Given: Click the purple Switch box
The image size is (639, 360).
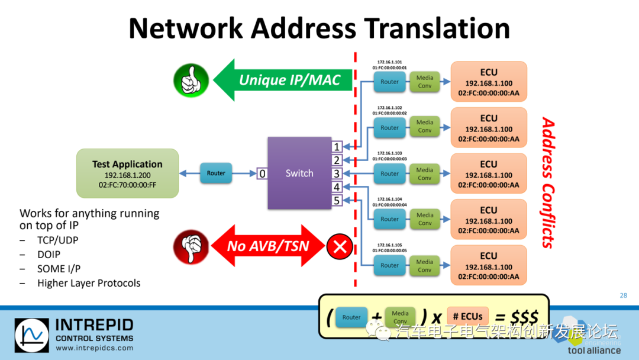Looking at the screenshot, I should tap(299, 173).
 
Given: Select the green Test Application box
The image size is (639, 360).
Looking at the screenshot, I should tap(127, 173).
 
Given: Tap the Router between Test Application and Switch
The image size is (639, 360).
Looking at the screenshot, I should tap(216, 173).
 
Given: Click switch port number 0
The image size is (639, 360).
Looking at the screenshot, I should tap(262, 173).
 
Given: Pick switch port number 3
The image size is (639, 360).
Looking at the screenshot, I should tap(337, 173).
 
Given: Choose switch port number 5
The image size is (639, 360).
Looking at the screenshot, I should tap(337, 201).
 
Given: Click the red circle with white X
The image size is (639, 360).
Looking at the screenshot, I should tap(340, 246).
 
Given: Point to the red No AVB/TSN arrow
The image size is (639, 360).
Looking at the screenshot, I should tap(269, 245).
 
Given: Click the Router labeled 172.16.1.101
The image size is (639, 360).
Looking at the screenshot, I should tap(389, 82).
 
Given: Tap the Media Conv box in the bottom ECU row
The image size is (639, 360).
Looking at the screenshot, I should tap(424, 265).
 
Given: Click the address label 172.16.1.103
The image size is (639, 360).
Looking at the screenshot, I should tap(389, 153).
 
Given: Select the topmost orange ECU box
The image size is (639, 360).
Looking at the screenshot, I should tap(489, 81).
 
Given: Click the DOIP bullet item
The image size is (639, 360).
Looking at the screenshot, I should tap(49, 255).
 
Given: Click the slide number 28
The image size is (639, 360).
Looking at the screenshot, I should tap(623, 295).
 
